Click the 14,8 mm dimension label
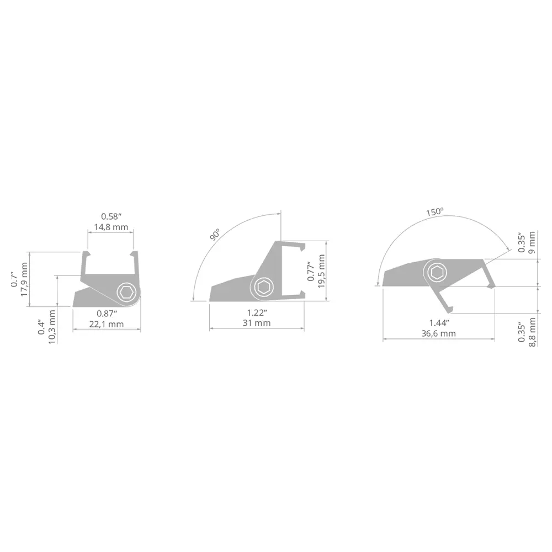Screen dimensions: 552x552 tap(111, 227)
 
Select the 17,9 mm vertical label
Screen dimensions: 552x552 tap(24, 279)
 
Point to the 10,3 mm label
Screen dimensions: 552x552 tap(52, 327)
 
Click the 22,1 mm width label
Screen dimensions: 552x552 tap(107, 324)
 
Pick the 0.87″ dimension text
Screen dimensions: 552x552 tap(107, 314)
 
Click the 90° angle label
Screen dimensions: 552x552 tap(215, 235)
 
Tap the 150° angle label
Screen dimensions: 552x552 tap(435, 212)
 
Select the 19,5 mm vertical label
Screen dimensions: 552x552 tap(321, 272)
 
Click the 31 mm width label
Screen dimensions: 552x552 tap(257, 323)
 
